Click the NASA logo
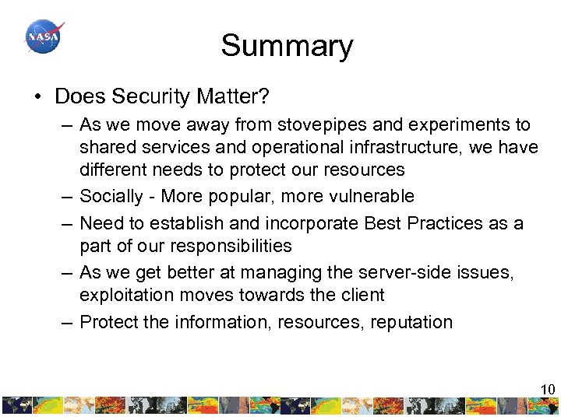[x=44, y=36]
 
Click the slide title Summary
[x=286, y=46]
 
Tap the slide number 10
[x=548, y=390]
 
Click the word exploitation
[x=121, y=296]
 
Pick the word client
[x=358, y=296]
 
